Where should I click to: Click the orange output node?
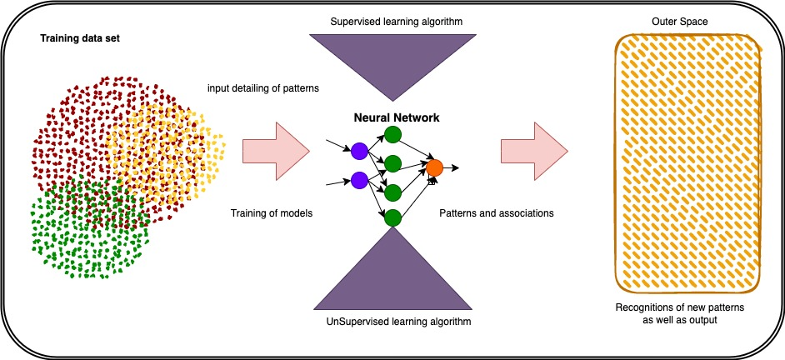(433, 167)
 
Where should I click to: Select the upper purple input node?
(359, 151)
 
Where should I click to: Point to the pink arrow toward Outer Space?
(533, 152)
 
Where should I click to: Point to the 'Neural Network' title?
(392, 118)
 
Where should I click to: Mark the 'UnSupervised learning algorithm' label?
(392, 321)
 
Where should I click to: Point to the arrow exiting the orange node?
(452, 167)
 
